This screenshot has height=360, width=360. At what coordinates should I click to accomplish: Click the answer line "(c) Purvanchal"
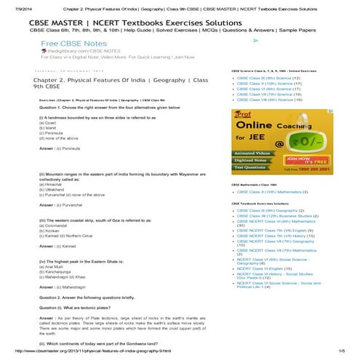[x=61, y=206]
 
